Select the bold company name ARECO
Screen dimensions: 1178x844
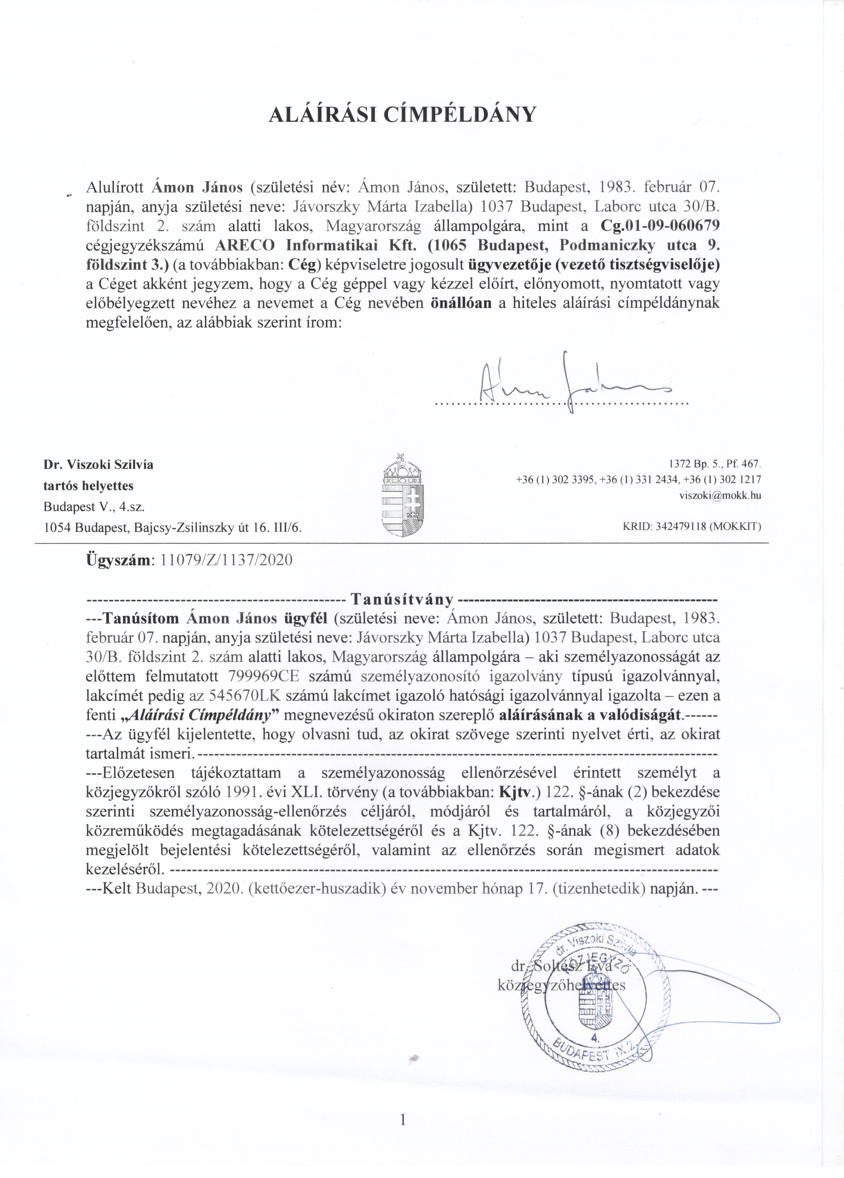(x=249, y=245)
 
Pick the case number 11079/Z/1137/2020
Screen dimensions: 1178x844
(x=227, y=560)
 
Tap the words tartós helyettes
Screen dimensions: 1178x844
(x=88, y=486)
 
